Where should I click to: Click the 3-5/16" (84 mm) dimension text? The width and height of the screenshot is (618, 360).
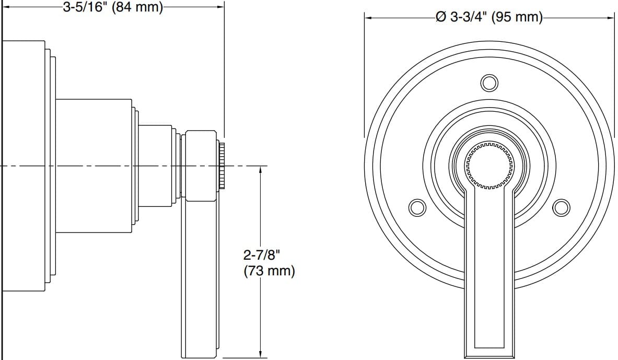pyautogui.click(x=113, y=7)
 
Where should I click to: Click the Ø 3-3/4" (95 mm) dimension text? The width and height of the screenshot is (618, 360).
pyautogui.click(x=489, y=17)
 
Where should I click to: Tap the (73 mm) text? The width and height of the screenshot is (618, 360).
pyautogui.click(x=269, y=271)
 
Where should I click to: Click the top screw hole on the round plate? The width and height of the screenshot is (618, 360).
pyautogui.click(x=489, y=83)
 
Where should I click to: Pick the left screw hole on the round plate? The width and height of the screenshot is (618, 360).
pyautogui.click(x=417, y=207)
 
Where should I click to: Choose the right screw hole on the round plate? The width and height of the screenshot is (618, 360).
pyautogui.click(x=561, y=207)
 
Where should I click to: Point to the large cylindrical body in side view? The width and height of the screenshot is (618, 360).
pyautogui.click(x=93, y=165)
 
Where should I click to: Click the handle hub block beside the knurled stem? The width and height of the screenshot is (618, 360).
pyautogui.click(x=201, y=165)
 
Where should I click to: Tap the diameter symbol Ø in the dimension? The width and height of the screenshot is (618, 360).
pyautogui.click(x=440, y=17)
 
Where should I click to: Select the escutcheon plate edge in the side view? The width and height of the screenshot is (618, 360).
pyautogui.click(x=24, y=165)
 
